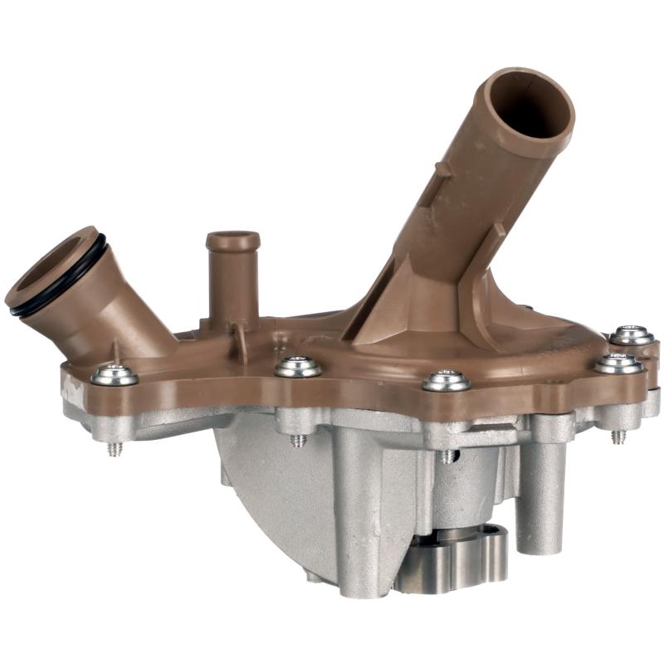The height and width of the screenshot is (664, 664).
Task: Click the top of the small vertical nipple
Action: pyautogui.click(x=232, y=242)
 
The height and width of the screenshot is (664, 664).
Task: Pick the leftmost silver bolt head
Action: pyautogui.click(x=115, y=375)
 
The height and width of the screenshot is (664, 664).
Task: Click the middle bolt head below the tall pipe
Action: pyautogui.click(x=447, y=380)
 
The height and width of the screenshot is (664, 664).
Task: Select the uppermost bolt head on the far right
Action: pyautogui.click(x=632, y=335)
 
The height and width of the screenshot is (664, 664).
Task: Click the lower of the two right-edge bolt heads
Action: pyautogui.click(x=618, y=363)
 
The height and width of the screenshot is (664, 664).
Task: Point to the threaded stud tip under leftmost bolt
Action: pyautogui.click(x=115, y=449)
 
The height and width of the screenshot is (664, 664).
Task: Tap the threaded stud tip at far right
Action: pyautogui.click(x=618, y=437)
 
